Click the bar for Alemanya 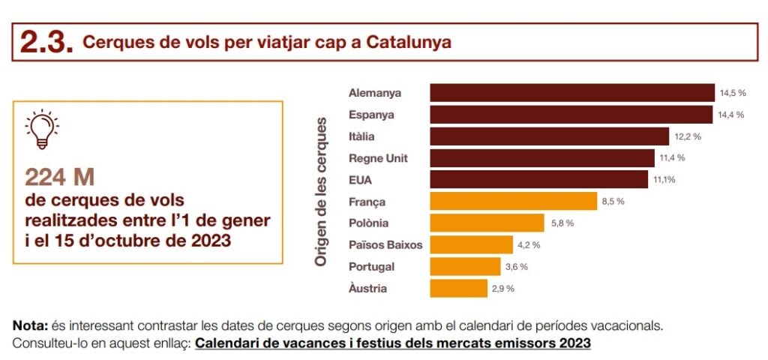click(571, 93)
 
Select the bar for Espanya click(571, 115)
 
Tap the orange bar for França click(513, 201)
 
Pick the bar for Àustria click(458, 288)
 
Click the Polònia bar click(487, 223)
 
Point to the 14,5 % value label click(733, 93)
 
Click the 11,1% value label click(664, 180)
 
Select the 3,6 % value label click(515, 266)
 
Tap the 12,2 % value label click(687, 136)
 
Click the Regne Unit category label click(378, 158)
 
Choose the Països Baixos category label click(385, 244)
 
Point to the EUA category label click(360, 180)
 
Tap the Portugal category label click(371, 266)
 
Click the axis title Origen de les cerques click(321, 191)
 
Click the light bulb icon click(42, 129)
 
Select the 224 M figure click(59, 177)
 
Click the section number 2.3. click(46, 42)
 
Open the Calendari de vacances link click(393, 343)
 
